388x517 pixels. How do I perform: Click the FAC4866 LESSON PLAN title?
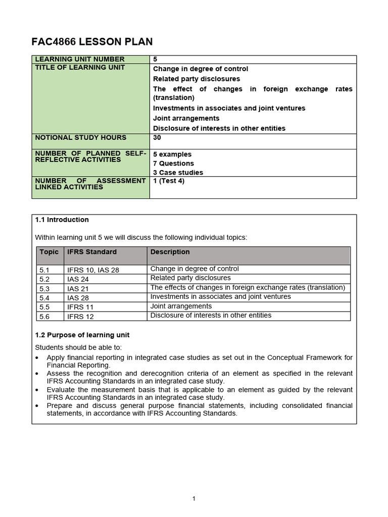coord(92,42)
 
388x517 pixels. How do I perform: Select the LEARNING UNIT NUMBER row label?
coord(79,60)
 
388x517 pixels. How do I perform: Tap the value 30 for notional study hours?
coord(157,137)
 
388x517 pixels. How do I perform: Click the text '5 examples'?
coord(172,154)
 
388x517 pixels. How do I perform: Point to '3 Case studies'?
coord(178,173)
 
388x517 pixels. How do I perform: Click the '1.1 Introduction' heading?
coord(62,220)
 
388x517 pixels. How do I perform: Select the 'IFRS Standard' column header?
coord(91,252)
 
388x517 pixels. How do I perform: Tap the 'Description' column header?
coord(170,252)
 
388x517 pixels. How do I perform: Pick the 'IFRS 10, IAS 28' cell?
coord(93,270)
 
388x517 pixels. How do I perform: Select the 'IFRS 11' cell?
coord(80,307)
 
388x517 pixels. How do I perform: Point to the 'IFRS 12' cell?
coord(80,317)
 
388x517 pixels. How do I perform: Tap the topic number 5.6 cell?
coord(45,317)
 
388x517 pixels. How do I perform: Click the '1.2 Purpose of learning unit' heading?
coord(82,335)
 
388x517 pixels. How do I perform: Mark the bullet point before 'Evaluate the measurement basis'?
coord(37,390)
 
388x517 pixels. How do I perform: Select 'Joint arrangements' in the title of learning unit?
coord(186,118)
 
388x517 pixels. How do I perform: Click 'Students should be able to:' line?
coord(78,347)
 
